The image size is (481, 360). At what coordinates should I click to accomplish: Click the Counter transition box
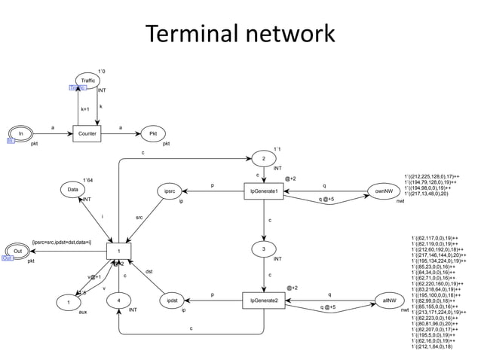87,133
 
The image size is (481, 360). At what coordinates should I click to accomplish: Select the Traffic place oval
88,80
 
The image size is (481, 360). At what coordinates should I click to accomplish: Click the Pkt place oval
153,133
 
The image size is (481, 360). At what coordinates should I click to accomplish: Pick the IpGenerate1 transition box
264,192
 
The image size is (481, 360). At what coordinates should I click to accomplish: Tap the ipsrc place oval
170,192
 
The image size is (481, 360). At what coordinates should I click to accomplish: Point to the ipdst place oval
173,301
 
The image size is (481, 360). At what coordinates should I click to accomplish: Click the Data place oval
72,190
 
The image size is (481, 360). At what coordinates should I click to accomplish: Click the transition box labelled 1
118,251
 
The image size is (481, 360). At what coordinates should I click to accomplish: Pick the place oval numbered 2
263,159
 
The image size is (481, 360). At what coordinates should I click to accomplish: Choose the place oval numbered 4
118,301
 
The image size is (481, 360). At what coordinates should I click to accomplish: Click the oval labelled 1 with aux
69,302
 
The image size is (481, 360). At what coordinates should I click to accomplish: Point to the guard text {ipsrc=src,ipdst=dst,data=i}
62,243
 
